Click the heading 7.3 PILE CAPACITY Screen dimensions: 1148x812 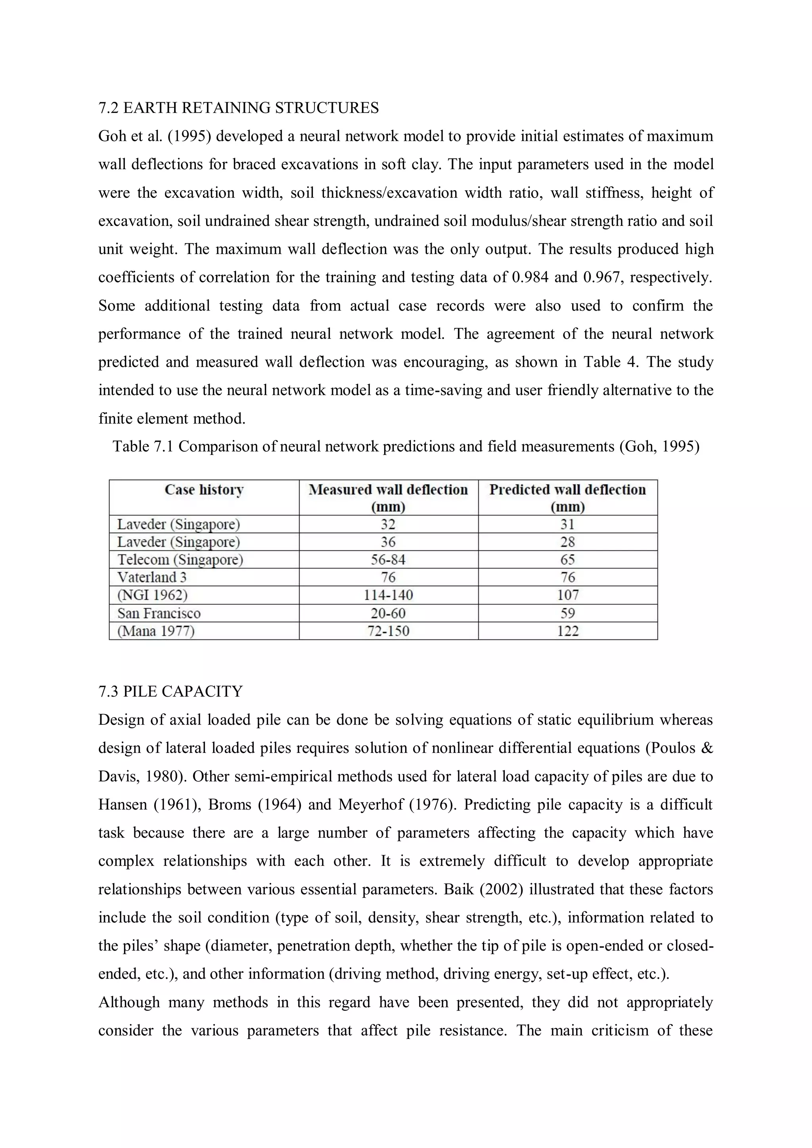point(170,691)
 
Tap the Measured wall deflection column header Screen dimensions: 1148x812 point(388,497)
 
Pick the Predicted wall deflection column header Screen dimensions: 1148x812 point(567,497)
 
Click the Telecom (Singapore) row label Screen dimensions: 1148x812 point(180,560)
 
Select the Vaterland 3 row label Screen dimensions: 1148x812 point(152,577)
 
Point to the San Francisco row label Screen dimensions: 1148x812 point(159,613)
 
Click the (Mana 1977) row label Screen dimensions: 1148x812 point(155,631)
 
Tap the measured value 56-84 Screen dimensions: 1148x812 point(388,560)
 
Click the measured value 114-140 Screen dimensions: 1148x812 point(388,595)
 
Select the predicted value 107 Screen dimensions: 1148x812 point(568,595)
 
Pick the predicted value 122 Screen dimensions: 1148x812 point(568,631)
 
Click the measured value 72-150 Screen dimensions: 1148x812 point(388,631)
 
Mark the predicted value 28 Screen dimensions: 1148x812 point(568,542)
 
